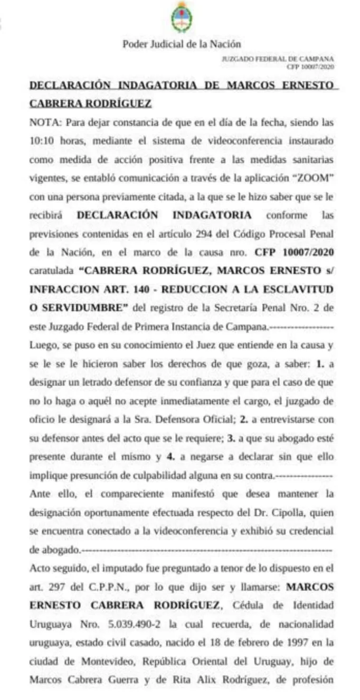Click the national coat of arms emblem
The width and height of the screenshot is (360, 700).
click(x=182, y=17)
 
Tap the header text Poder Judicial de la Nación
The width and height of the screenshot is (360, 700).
click(x=182, y=44)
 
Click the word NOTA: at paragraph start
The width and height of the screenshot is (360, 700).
click(x=45, y=123)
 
